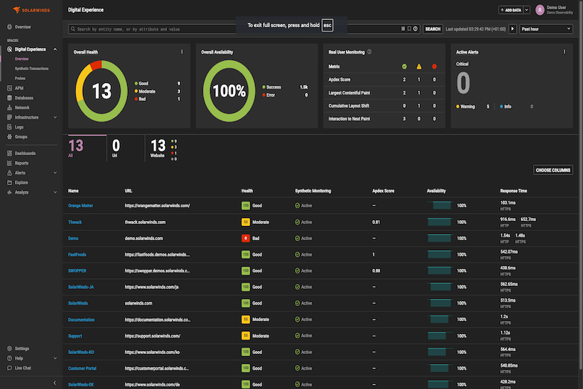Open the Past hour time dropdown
(546, 29)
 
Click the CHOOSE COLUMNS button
(553, 170)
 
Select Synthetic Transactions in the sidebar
(31, 68)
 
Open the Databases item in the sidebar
(24, 98)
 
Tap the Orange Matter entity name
(81, 205)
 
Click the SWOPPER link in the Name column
(77, 270)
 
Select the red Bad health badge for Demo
(246, 238)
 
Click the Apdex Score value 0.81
(376, 222)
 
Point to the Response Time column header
(514, 191)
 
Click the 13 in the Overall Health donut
(101, 91)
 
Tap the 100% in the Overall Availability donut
(229, 91)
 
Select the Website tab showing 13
(158, 147)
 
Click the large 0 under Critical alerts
(463, 83)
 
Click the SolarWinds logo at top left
(26, 11)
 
